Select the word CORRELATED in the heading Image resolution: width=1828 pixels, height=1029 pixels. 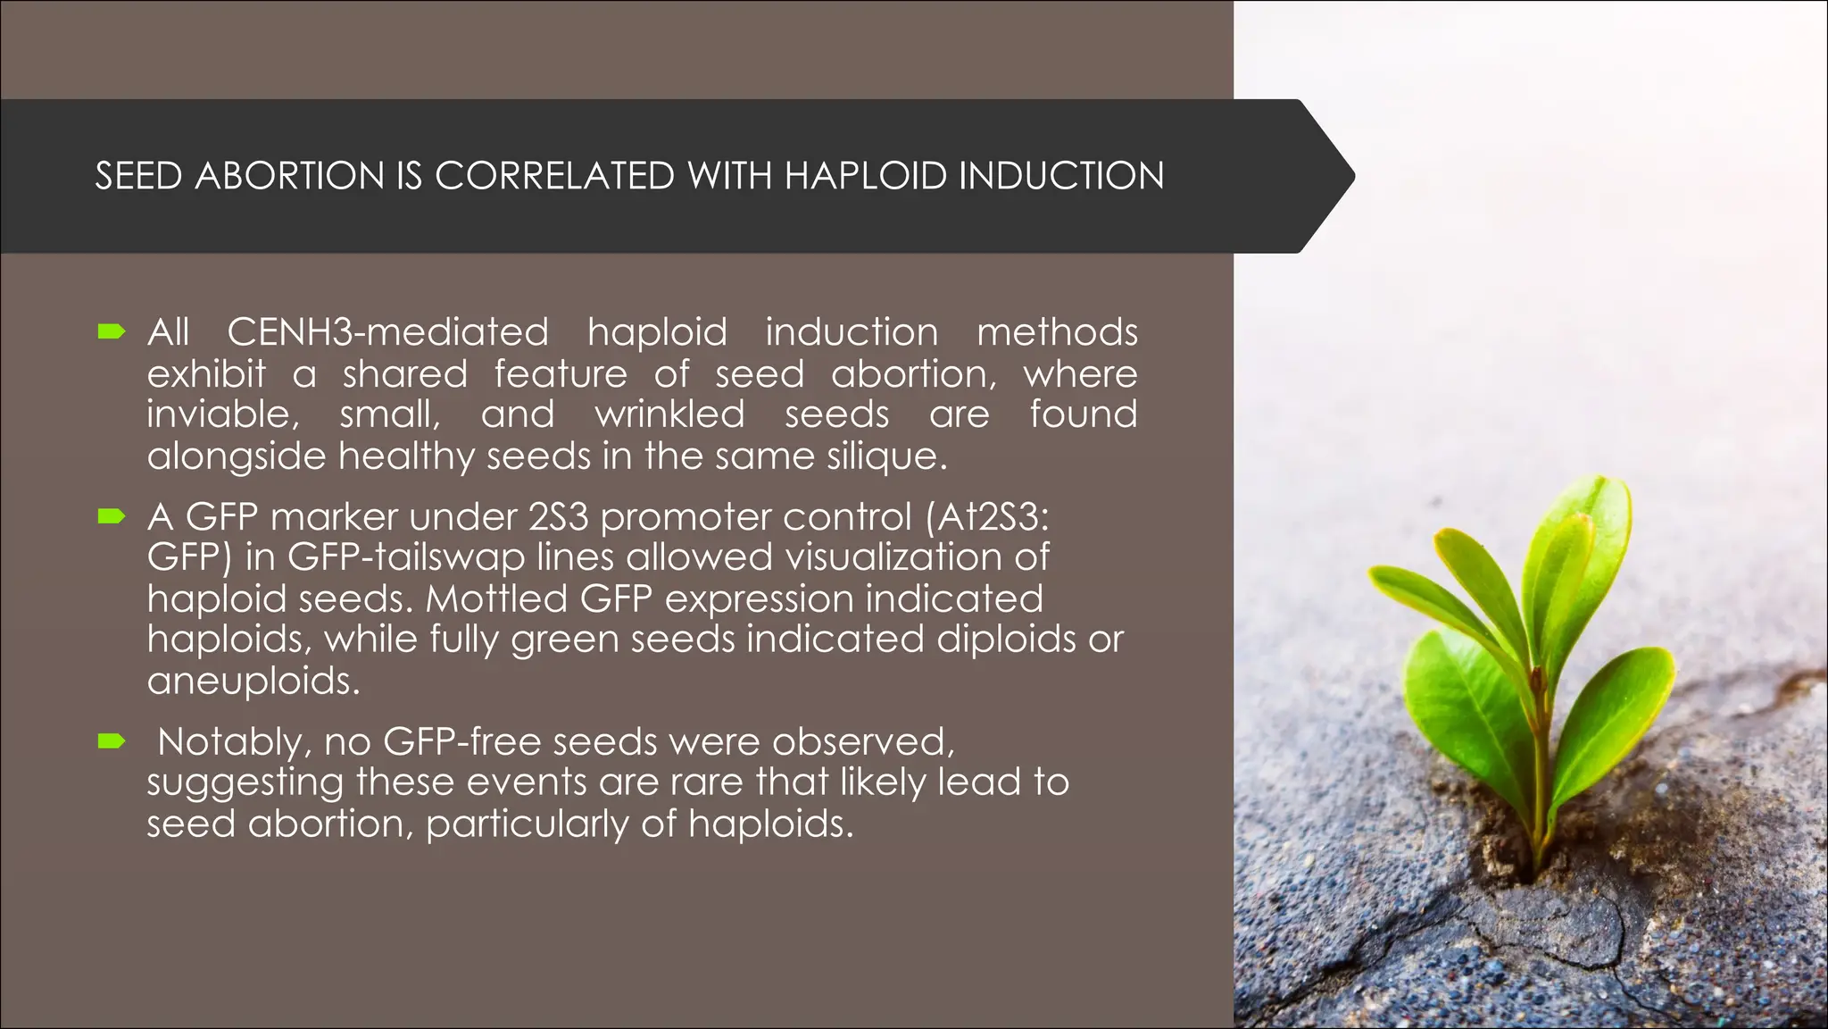click(x=554, y=176)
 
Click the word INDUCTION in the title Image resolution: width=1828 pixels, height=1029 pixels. click(x=1061, y=176)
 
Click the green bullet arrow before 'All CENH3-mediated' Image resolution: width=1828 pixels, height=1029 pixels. click(x=112, y=332)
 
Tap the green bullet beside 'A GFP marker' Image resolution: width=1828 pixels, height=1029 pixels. click(x=112, y=516)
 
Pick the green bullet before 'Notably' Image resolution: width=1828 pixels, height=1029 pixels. click(x=112, y=740)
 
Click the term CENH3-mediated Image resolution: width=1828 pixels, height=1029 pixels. click(x=387, y=332)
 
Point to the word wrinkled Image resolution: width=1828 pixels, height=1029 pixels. click(x=669, y=414)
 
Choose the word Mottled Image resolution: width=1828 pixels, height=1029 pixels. click(x=496, y=598)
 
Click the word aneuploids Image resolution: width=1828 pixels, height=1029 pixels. click(x=253, y=681)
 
